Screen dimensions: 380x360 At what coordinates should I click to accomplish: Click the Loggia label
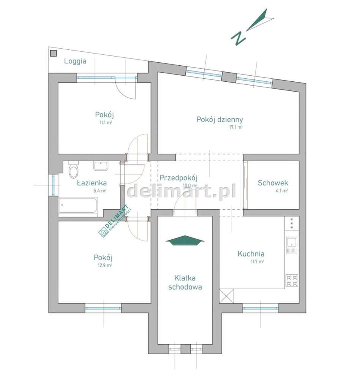tap(75, 61)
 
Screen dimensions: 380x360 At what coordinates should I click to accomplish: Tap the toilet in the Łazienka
tap(74, 170)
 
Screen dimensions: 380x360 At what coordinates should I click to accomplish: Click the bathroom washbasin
tap(101, 166)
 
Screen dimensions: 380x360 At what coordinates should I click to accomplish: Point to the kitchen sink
tap(292, 245)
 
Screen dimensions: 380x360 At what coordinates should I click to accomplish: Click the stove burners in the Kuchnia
tap(292, 280)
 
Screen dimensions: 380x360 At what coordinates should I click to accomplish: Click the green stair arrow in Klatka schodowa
tap(185, 241)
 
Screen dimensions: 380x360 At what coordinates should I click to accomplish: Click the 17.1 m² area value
tap(235, 128)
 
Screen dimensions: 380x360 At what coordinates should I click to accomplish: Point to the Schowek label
tap(273, 183)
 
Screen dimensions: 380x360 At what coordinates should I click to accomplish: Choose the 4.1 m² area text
tap(281, 191)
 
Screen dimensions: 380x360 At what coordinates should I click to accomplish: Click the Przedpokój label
tap(179, 177)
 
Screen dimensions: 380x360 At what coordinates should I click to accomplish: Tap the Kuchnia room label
tap(251, 254)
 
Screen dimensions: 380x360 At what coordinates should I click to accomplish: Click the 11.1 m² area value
tap(105, 123)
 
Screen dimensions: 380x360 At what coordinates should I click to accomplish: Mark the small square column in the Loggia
tap(54, 53)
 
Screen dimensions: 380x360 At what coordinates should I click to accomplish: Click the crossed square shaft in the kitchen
tap(227, 296)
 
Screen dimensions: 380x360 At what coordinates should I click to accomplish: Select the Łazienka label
tap(92, 183)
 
